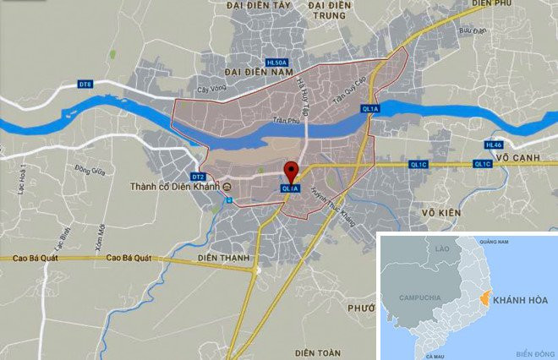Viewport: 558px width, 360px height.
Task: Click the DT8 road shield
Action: pyautogui.click(x=85, y=84)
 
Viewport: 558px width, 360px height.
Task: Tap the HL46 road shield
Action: pyautogui.click(x=494, y=144)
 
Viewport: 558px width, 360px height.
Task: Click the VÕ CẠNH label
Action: pyautogui.click(x=523, y=157)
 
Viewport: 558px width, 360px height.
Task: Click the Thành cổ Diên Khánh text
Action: pyautogui.click(x=175, y=187)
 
